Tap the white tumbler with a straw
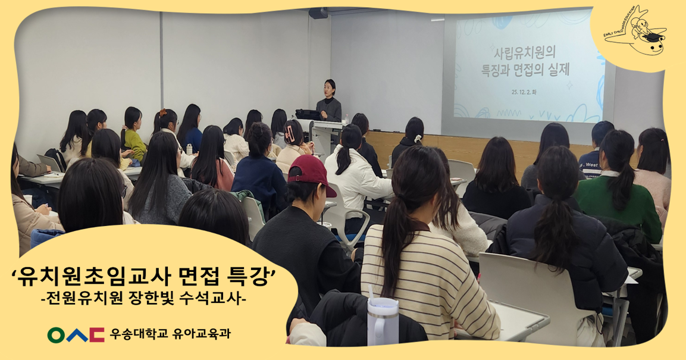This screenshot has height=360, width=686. pos(382,321)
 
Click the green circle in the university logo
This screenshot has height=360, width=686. pos(57,335)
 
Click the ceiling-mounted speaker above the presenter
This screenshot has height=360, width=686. pos(318,12)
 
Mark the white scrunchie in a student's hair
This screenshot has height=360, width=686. pos(418,138)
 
